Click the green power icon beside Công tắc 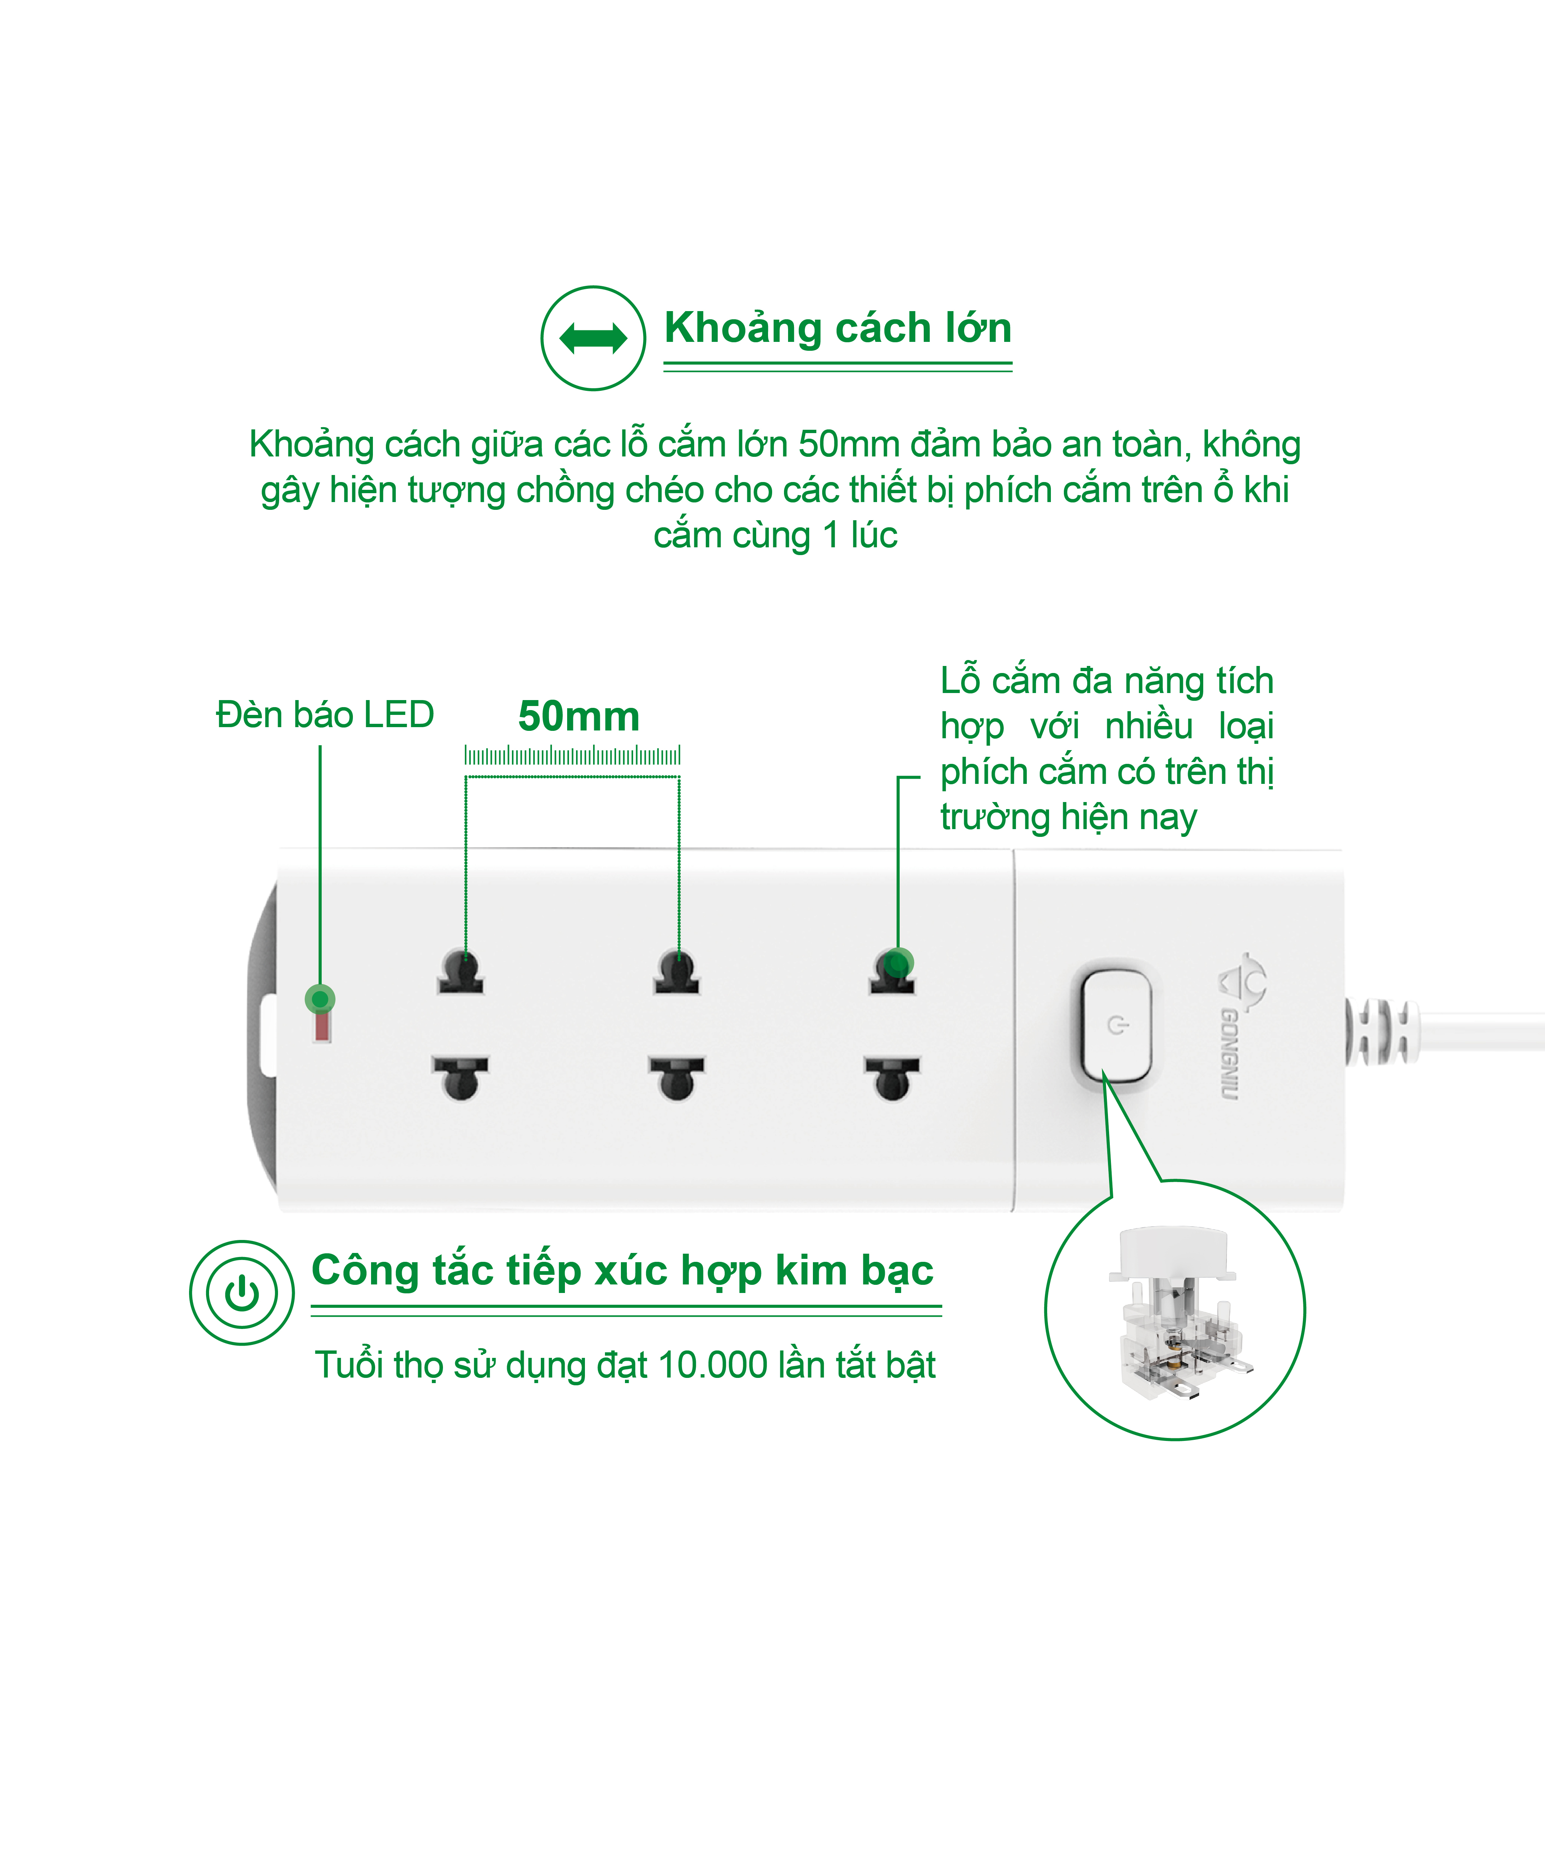242,1293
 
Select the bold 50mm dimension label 579,716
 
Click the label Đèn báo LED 325,714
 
